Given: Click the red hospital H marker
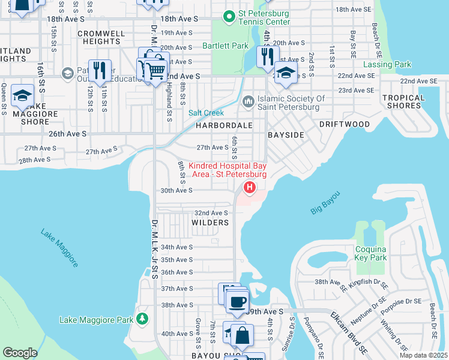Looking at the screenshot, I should [x=248, y=188].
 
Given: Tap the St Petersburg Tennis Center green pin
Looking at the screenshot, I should [x=229, y=17].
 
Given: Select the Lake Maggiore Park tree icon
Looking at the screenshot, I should [x=142, y=317].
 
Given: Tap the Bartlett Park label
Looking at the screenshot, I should [x=225, y=46].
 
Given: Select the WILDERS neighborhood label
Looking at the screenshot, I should [x=210, y=223].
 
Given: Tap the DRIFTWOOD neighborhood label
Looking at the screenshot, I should [x=345, y=124].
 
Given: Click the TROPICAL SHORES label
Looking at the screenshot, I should [x=402, y=101].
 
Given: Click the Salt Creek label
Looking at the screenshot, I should [x=206, y=113].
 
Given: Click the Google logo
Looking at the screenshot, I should [x=20, y=353].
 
